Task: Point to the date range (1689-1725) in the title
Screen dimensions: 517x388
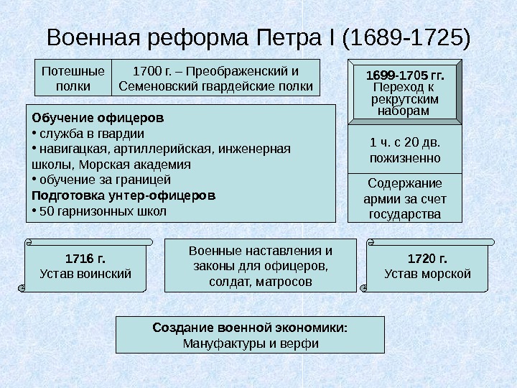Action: [408, 37]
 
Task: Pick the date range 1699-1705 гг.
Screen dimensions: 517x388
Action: [405, 75]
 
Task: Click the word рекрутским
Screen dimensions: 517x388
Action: [405, 99]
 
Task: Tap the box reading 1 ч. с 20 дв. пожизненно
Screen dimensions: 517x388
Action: [405, 150]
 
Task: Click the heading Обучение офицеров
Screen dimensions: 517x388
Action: [97, 116]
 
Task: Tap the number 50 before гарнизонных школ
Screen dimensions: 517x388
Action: [45, 211]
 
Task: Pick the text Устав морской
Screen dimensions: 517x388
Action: [427, 274]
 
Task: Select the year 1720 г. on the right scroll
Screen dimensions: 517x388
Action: [427, 258]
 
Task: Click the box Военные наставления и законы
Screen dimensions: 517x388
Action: [260, 266]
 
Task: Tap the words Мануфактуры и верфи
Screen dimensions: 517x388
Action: [251, 343]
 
